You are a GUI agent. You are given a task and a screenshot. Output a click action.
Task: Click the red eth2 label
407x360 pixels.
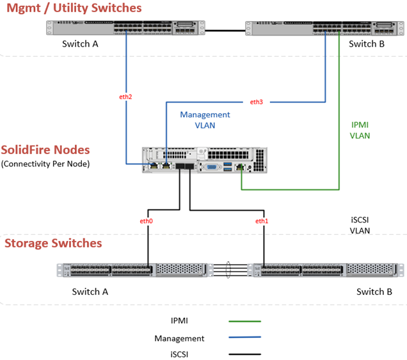coord(126,97)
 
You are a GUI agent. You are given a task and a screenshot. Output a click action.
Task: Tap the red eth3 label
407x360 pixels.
coord(256,102)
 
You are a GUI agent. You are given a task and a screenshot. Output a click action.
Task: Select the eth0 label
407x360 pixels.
coord(147,221)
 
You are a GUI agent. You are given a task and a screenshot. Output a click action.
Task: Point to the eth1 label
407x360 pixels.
coord(262,221)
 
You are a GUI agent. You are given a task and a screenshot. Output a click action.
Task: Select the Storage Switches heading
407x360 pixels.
coord(53,244)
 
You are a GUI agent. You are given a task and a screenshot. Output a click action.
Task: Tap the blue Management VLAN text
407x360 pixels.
coord(205,120)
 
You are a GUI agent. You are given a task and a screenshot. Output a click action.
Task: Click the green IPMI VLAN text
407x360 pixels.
coord(360,130)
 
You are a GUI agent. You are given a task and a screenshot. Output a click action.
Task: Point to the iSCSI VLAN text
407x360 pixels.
coord(360,224)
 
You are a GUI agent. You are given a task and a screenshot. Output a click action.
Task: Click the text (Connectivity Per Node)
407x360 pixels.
coord(46,164)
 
